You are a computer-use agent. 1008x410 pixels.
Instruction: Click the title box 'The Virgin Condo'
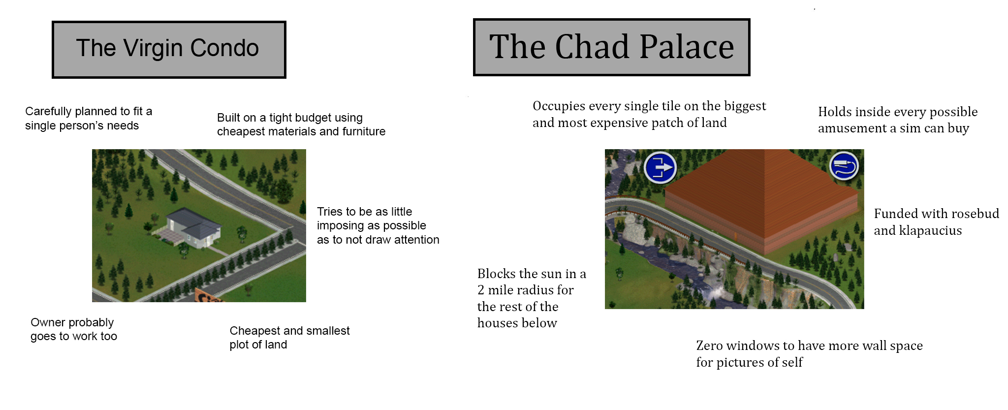[x=169, y=49]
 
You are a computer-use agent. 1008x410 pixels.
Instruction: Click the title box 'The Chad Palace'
[x=611, y=47]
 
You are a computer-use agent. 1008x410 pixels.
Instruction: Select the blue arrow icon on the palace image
[x=660, y=167]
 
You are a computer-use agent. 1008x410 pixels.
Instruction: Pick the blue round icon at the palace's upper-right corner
[x=844, y=166]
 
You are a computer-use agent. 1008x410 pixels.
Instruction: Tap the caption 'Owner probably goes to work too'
[x=74, y=329]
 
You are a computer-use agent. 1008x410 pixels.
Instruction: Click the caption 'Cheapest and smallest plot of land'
[x=289, y=338]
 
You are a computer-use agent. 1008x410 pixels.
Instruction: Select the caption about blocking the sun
[x=532, y=298]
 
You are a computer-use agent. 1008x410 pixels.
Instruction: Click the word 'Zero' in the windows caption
[x=709, y=346]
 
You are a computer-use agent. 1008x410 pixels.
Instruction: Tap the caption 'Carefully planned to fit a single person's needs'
[x=89, y=119]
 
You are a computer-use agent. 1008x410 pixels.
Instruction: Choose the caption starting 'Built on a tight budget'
[x=301, y=125]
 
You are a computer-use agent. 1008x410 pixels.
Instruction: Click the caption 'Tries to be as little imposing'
[x=378, y=225]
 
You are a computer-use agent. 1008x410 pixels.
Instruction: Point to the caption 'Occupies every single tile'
[x=649, y=114]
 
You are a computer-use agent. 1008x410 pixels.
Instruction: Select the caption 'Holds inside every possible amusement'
[x=898, y=120]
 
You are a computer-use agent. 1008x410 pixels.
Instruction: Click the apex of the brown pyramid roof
[x=764, y=150]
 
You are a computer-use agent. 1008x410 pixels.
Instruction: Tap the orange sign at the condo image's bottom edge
[x=209, y=295]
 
